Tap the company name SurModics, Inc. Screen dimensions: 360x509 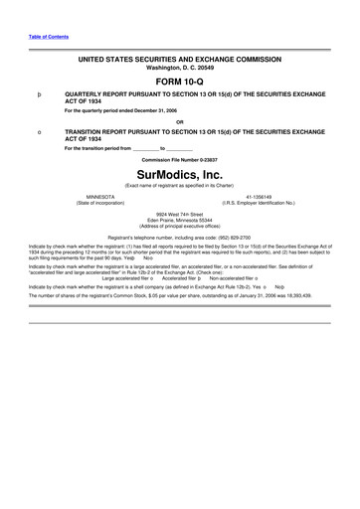pyautogui.click(x=181, y=172)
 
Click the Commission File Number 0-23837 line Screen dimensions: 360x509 pyautogui.click(x=180, y=159)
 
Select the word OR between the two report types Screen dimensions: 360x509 pyautogui.click(x=180, y=123)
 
